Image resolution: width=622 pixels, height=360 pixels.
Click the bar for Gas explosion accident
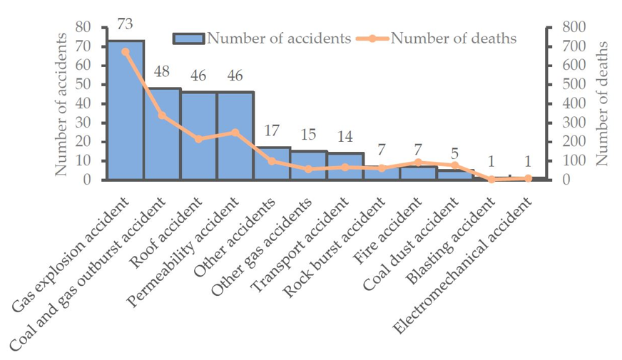(x=126, y=110)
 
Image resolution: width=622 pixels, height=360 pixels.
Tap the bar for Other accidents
(x=272, y=163)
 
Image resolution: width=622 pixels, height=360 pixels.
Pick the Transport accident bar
(x=345, y=166)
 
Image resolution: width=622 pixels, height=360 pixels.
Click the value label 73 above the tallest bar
(x=125, y=25)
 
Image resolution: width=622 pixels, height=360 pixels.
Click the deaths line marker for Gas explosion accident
(x=126, y=51)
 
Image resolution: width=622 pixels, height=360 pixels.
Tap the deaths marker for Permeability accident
(x=235, y=133)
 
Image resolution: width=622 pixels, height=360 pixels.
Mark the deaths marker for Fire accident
(x=419, y=163)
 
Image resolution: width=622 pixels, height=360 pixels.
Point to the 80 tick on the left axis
(x=83, y=27)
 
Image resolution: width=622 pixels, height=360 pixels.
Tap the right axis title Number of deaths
(x=603, y=103)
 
